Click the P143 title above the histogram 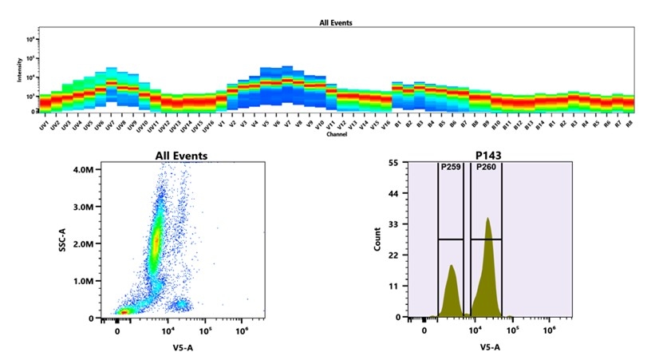(488, 156)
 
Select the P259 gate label (451, 168)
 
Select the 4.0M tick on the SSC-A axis (81, 170)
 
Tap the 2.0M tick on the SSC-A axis (81, 244)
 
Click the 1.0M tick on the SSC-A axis (81, 282)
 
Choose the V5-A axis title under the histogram (489, 347)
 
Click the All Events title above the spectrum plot (336, 23)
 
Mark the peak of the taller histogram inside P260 (487, 218)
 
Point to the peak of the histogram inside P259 (452, 266)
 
